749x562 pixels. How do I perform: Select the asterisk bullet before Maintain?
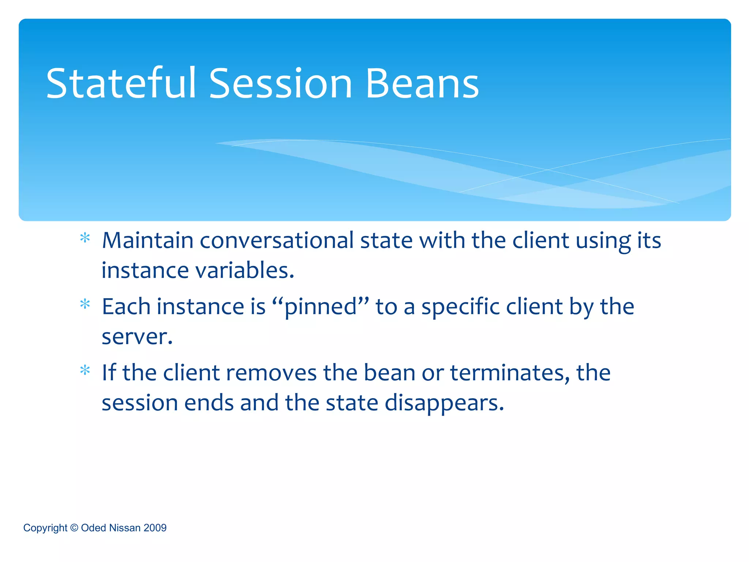pyautogui.click(x=85, y=239)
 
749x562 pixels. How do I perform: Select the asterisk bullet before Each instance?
pyautogui.click(x=85, y=304)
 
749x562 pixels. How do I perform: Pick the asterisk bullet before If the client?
pyautogui.click(x=85, y=371)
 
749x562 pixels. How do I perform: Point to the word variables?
pyautogui.click(x=245, y=271)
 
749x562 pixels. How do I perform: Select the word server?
pyautogui.click(x=136, y=337)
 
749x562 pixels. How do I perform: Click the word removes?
pyautogui.click(x=271, y=373)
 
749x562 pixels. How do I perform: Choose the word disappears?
pyautogui.click(x=444, y=403)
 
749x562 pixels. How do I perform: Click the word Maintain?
pyautogui.click(x=147, y=241)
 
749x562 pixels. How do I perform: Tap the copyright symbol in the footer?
pyautogui.click(x=74, y=528)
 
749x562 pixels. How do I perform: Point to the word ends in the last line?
pyautogui.click(x=208, y=403)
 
